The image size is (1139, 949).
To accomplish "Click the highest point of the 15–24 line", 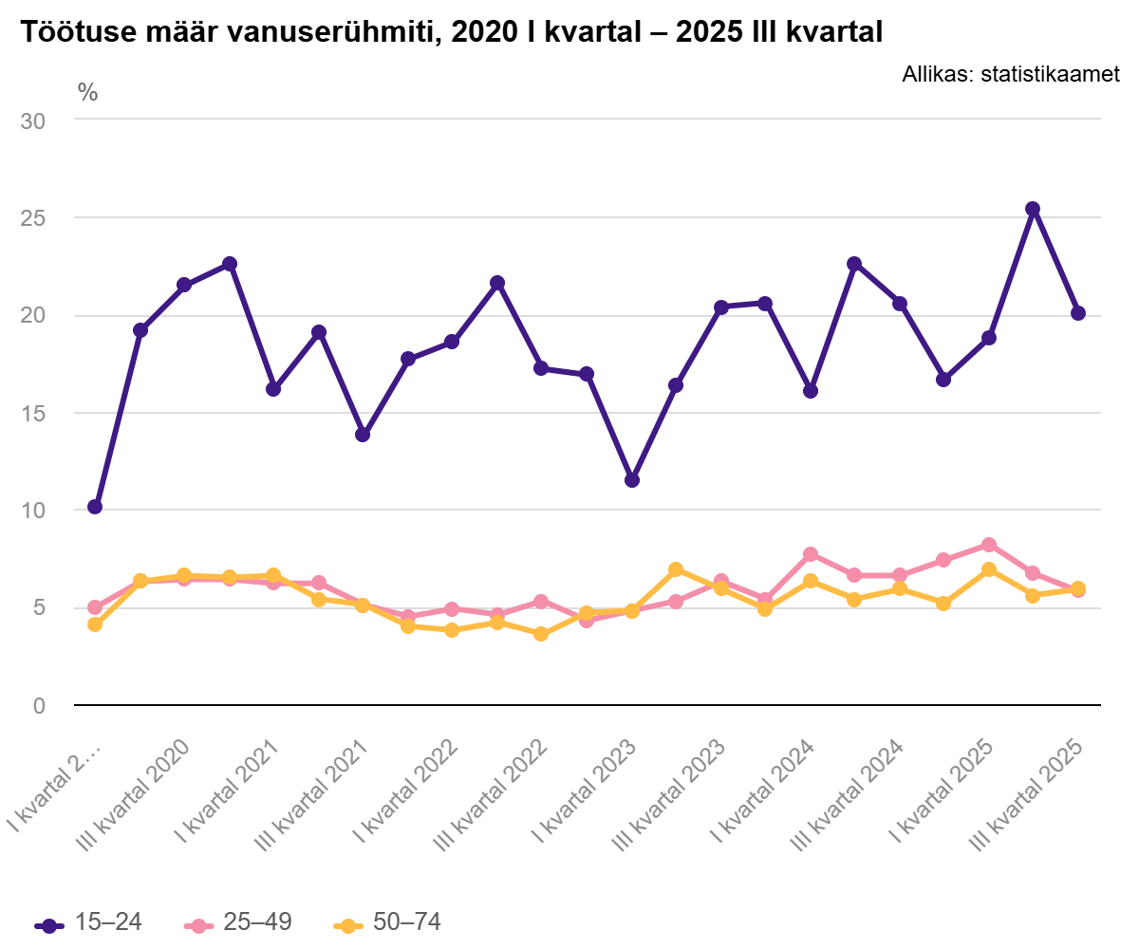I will [1033, 209].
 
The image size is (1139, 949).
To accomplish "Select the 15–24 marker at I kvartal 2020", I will [95, 507].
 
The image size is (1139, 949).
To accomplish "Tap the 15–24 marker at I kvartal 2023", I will [631, 480].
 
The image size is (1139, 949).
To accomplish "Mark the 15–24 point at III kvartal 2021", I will [363, 435].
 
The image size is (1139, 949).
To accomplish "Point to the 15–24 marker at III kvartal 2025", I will [1077, 313].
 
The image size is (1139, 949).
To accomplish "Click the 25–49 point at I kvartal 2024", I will [810, 554].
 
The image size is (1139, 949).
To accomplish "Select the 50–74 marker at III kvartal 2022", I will [541, 634].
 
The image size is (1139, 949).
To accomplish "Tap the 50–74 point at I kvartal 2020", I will [95, 624].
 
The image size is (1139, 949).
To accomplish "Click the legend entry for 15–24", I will [89, 922].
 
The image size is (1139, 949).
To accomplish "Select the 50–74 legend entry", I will [389, 922].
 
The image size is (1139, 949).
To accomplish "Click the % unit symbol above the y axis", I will [87, 92].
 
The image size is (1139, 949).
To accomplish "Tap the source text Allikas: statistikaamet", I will [1011, 74].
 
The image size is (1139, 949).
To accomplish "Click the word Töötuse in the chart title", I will [68, 32].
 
